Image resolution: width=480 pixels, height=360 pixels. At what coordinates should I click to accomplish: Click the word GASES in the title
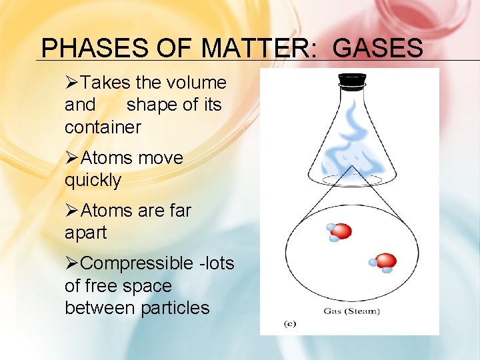point(377,49)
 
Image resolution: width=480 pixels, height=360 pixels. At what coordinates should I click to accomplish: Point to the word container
point(103,127)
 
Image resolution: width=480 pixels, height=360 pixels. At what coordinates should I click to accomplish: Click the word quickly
point(93,180)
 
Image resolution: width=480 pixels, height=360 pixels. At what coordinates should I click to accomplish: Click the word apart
point(85,233)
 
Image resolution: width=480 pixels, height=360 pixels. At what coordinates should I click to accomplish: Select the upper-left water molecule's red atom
point(342,231)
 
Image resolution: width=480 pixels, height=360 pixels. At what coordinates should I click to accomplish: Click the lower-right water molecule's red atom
point(385,260)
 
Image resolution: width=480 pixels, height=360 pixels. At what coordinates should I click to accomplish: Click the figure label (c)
point(290,324)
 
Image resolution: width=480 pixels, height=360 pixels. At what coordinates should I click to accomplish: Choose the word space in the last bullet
point(153,286)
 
